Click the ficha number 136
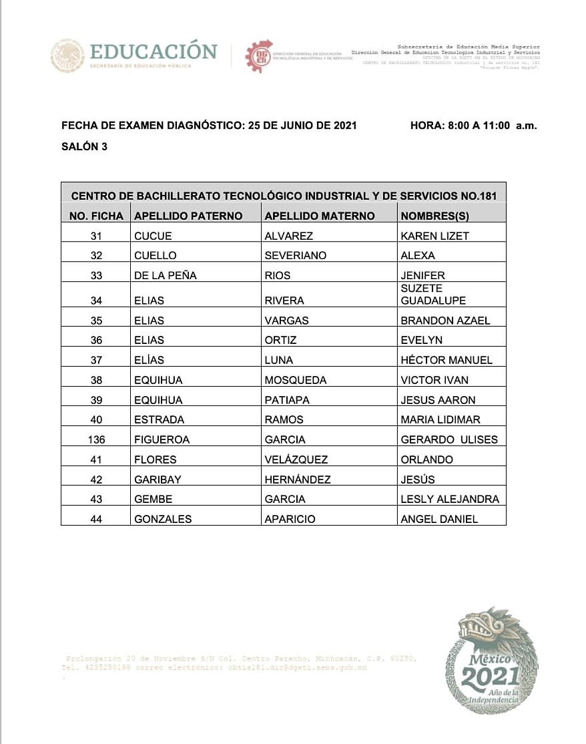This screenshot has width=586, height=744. (x=97, y=439)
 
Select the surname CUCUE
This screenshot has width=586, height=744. (x=153, y=236)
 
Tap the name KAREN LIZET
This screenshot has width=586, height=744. (x=434, y=236)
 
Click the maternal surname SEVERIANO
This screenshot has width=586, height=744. (x=295, y=255)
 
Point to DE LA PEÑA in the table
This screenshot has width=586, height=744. (x=165, y=275)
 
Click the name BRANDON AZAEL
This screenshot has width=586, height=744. (x=445, y=320)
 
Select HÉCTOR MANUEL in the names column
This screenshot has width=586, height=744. (x=447, y=360)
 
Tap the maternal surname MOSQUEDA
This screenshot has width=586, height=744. (x=296, y=380)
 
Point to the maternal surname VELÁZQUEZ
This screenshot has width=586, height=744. (x=296, y=459)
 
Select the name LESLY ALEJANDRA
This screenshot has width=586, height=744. (x=449, y=499)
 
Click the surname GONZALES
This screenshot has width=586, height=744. (x=163, y=519)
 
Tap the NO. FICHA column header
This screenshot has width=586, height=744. (x=96, y=216)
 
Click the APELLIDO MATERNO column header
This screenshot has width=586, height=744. (x=320, y=216)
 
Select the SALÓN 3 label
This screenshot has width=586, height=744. (x=84, y=147)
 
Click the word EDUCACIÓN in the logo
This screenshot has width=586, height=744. (x=154, y=51)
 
